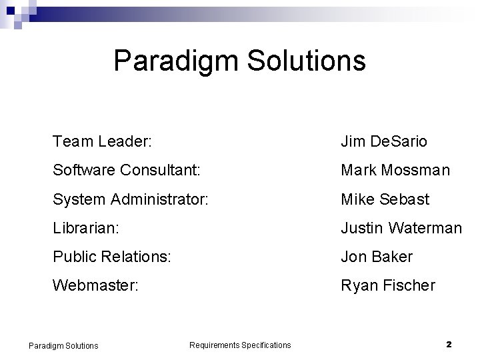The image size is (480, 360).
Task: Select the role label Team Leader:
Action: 103,142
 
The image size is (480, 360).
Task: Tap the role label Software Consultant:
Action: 126,171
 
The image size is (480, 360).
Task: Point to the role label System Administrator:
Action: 131,199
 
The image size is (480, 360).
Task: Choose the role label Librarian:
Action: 85,228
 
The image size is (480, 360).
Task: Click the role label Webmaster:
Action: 96,285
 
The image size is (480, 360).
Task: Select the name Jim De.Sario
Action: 384,142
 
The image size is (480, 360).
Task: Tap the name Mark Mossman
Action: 395,171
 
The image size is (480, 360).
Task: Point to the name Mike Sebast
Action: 385,199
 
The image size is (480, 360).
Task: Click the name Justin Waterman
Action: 401,228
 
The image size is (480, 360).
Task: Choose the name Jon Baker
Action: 377,257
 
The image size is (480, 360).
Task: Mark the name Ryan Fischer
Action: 388,285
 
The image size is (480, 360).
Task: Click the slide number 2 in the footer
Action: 449,345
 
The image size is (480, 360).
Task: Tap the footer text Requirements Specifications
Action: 240,345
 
